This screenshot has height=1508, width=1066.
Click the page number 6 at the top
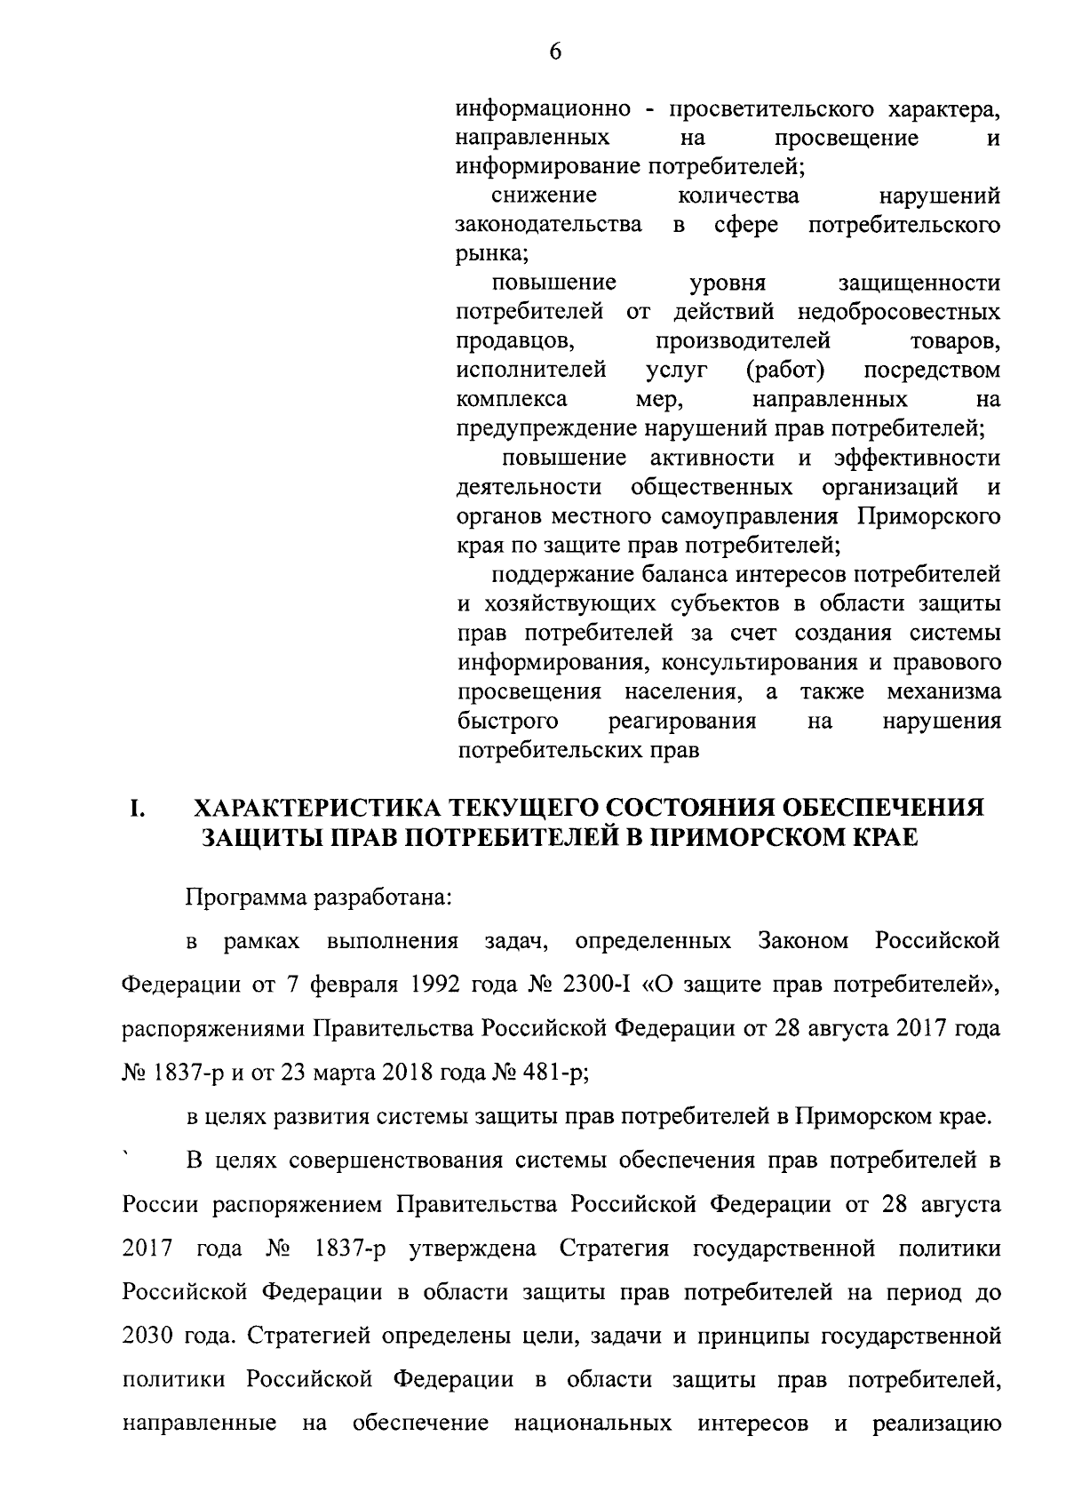[555, 52]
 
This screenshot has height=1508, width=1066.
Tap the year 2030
[149, 1335]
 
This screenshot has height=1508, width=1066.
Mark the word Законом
[804, 941]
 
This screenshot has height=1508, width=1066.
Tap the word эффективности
[917, 459]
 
